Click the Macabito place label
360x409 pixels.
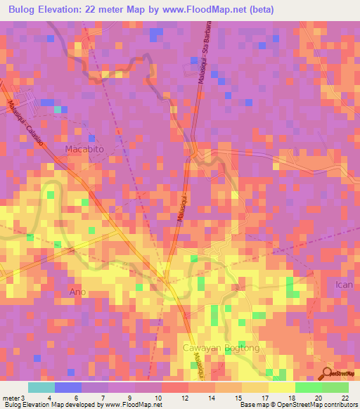coord(84,149)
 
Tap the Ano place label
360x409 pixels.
coord(78,292)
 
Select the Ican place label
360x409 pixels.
coord(343,285)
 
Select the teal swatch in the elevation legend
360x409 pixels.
coord(41,387)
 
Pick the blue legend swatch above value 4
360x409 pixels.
coord(68,387)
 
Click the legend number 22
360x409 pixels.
coord(345,398)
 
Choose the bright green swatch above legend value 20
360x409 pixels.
coord(309,387)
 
